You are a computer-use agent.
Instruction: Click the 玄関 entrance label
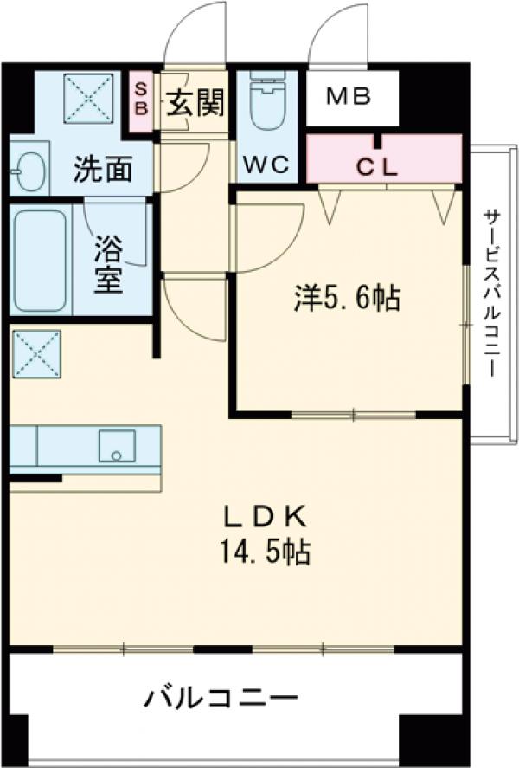[195, 104]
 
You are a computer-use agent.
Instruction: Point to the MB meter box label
[349, 95]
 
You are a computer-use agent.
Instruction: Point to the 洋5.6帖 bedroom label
[346, 300]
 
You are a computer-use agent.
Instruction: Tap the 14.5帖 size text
[266, 552]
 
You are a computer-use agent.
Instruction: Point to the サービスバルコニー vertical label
[491, 292]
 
